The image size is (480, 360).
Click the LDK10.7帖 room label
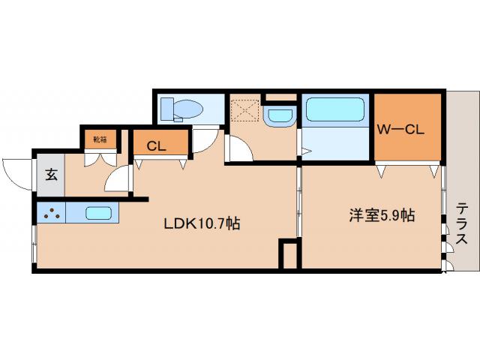202,223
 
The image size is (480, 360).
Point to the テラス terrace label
462,223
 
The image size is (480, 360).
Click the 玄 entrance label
51,175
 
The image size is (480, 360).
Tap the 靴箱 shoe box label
99,139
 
